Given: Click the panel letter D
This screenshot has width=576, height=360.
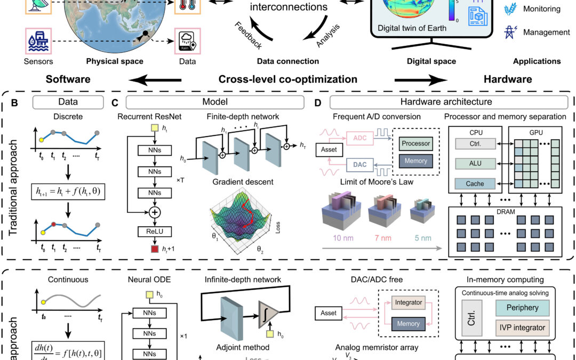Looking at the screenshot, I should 318,101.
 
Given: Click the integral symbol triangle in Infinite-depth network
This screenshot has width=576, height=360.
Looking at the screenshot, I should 267,308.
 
